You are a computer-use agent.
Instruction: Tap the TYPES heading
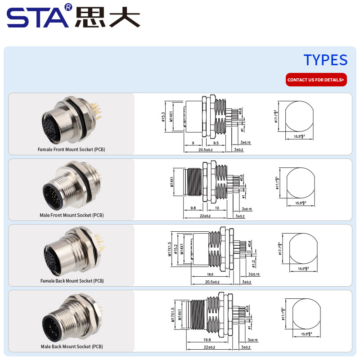pos(325,60)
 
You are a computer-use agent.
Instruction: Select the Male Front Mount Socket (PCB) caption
pos(72,215)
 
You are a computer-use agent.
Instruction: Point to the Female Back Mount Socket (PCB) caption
pos(72,281)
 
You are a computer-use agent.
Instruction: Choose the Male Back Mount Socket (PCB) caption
pos(72,346)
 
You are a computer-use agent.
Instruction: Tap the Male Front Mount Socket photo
pos(70,186)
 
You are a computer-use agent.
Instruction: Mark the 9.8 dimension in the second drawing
pos(193,208)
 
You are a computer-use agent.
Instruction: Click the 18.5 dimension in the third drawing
pos(210,274)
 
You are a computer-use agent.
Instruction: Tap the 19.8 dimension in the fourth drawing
pos(207,340)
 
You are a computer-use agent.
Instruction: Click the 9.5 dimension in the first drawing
pos(216,142)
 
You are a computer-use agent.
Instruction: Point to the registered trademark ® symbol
pos(68,7)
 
